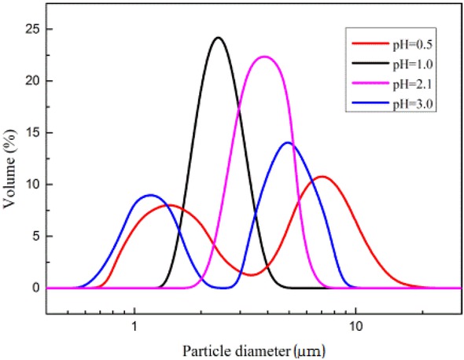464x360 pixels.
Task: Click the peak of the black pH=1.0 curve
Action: point(218,38)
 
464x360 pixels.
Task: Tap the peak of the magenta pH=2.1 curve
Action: point(265,57)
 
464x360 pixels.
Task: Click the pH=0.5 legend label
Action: point(407,39)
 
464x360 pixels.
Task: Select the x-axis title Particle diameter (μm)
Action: point(253,348)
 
